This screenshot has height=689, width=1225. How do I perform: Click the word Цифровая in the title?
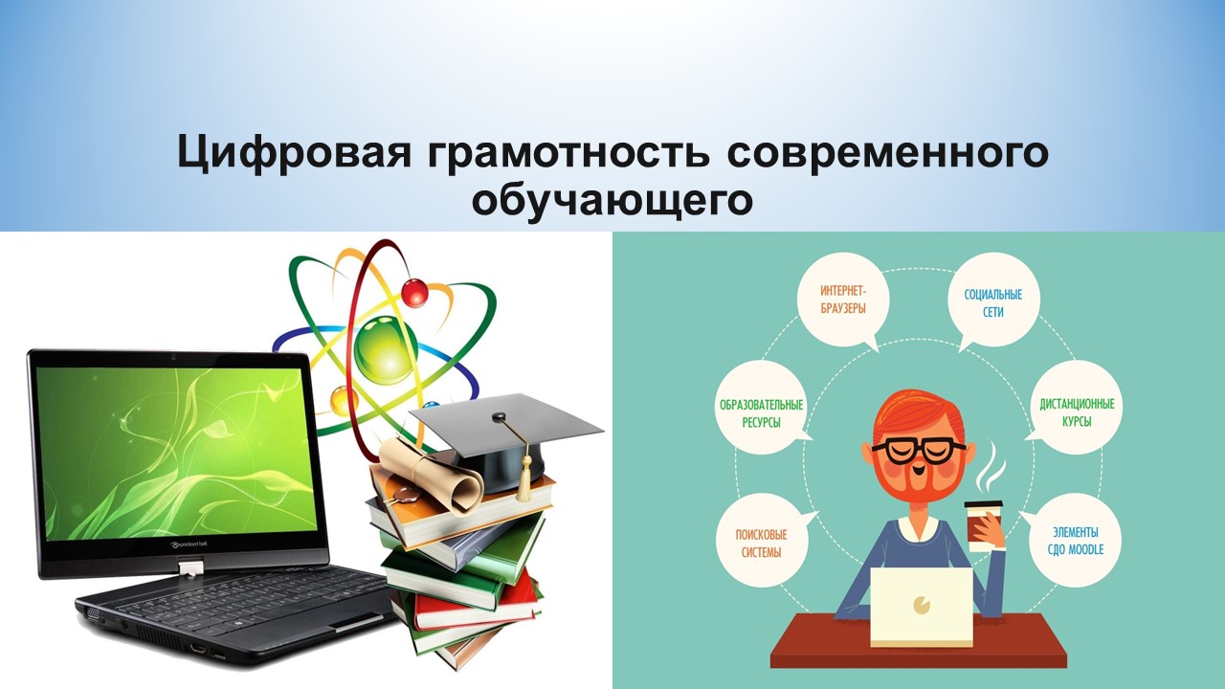point(294,152)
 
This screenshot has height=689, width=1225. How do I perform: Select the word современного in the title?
point(887,152)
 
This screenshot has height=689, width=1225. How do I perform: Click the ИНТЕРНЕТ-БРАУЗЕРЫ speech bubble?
point(843,300)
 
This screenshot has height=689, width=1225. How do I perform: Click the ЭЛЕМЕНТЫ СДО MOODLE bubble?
point(1076,541)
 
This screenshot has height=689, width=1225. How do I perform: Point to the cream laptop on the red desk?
point(922,607)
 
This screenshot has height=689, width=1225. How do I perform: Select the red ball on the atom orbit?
point(415,292)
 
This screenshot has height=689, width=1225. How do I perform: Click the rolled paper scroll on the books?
point(431,477)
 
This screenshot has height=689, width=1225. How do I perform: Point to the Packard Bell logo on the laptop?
point(189,544)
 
